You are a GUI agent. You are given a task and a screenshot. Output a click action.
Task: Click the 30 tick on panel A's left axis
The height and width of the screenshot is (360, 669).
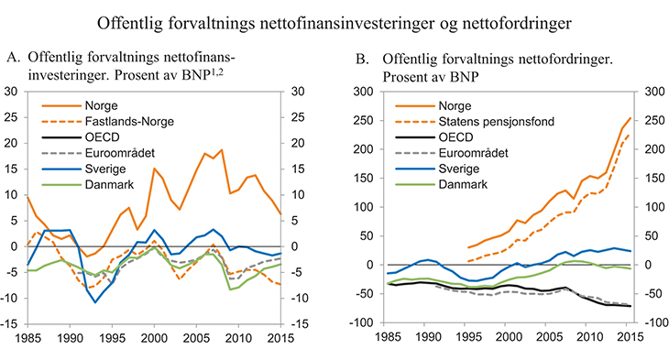(13, 92)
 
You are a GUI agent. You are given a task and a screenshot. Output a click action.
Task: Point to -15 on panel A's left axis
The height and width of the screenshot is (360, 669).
(11, 322)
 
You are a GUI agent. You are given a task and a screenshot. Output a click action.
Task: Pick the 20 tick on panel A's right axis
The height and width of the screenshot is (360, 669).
(295, 143)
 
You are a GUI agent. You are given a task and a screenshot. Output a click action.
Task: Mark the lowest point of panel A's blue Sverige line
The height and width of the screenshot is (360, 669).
(94, 301)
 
